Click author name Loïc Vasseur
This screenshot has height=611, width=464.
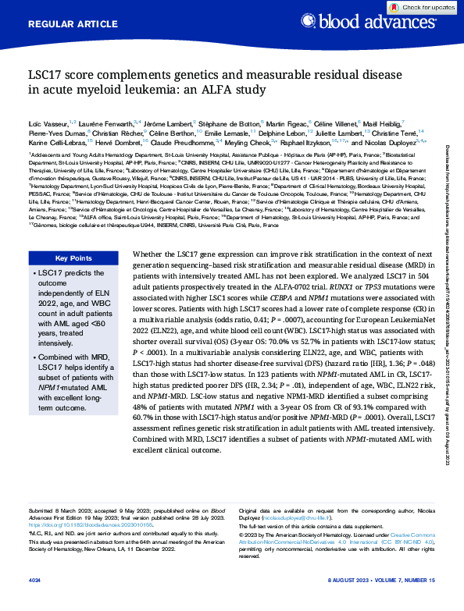pos(45,125)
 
